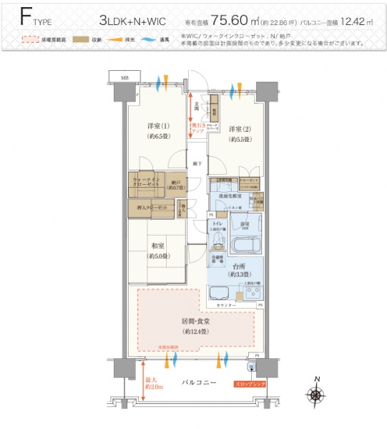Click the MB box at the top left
(x=124, y=76)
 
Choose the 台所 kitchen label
(x=236, y=269)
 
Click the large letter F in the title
(x=26, y=17)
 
